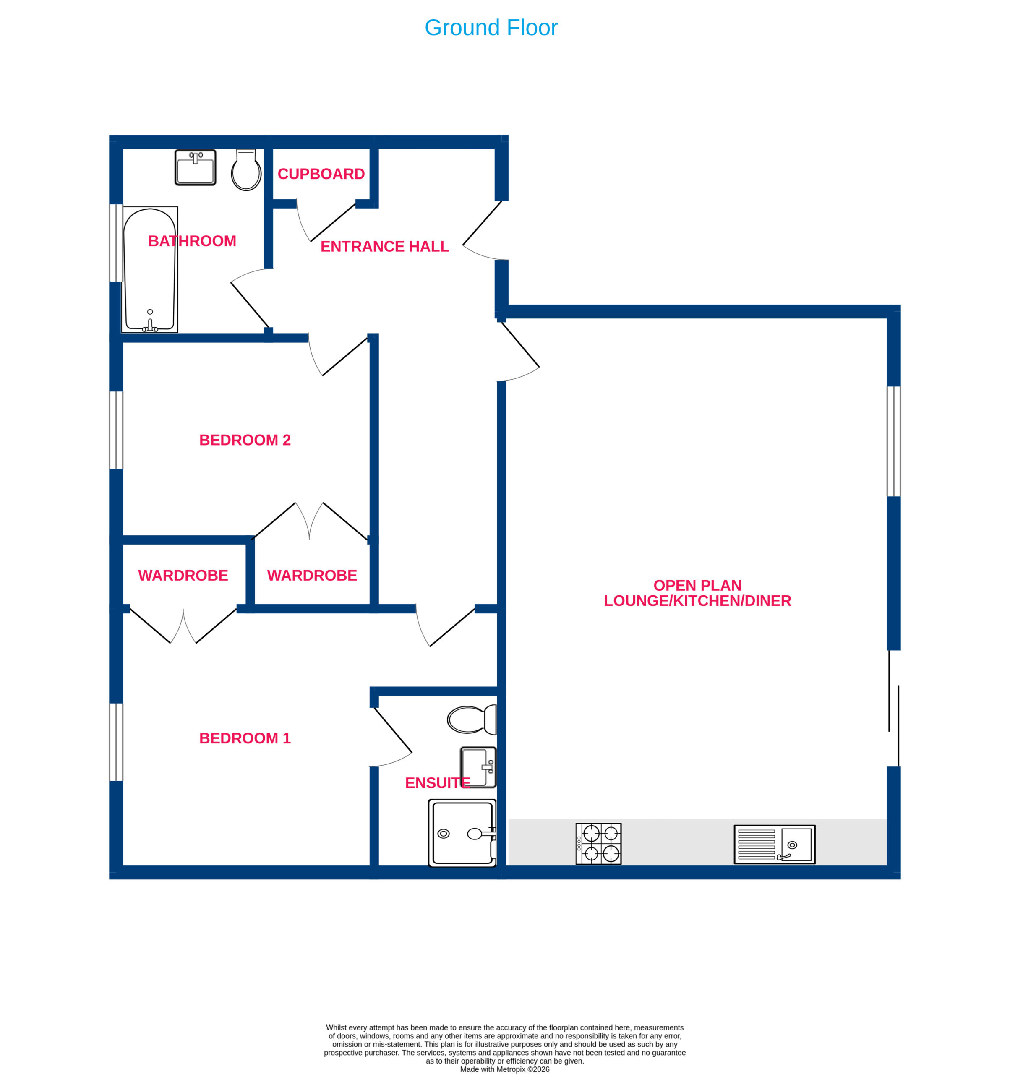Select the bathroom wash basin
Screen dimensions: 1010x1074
click(196, 167)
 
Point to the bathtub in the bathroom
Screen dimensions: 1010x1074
click(150, 269)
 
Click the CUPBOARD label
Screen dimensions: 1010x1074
click(321, 174)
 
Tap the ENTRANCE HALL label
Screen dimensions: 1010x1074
click(385, 246)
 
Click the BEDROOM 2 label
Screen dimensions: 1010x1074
click(245, 440)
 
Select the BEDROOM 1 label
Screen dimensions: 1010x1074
click(245, 738)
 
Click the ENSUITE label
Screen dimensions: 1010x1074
click(438, 783)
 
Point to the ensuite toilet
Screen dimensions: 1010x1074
click(472, 719)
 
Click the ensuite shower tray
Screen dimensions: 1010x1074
click(462, 833)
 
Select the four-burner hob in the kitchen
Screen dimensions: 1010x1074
click(598, 844)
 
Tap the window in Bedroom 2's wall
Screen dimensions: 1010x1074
click(116, 430)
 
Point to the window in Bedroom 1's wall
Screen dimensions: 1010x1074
click(116, 742)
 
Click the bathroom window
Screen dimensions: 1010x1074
click(116, 242)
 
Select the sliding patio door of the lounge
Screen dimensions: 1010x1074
click(894, 708)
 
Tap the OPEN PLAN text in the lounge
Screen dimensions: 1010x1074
click(697, 585)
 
